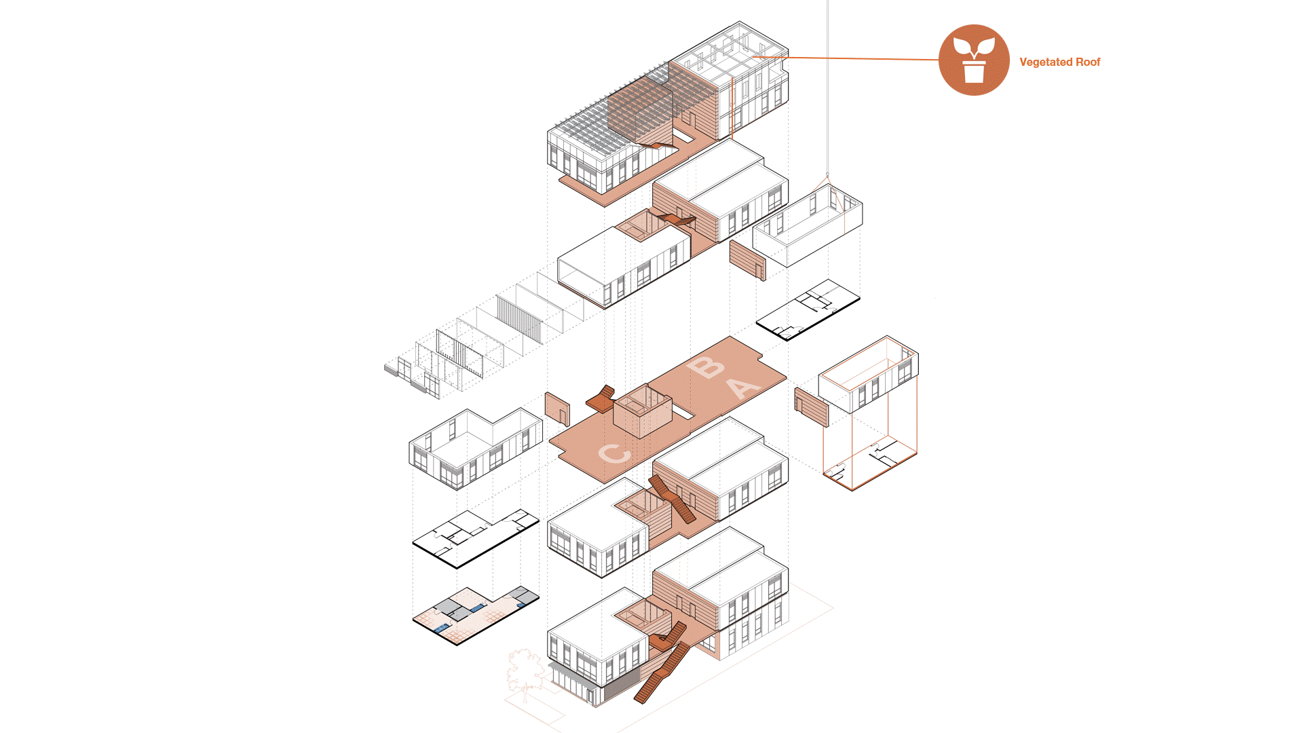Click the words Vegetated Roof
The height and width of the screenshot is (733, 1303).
point(1059,62)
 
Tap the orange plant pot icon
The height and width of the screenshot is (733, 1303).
point(974,60)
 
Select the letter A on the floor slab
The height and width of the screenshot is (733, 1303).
point(744,388)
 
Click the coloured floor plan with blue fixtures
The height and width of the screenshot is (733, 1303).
point(476,615)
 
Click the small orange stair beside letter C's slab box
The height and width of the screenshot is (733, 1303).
point(601,400)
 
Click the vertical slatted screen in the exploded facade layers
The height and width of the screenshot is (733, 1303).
point(519,319)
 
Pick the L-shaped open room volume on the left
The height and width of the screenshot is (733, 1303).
point(475,448)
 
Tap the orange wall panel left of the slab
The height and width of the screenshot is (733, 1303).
point(557,409)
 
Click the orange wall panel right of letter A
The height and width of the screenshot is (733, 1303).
point(812,407)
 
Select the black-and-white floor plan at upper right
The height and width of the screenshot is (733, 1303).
point(808,309)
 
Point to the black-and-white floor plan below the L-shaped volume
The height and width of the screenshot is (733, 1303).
point(475,538)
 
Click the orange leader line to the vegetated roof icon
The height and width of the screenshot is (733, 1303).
point(846,59)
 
